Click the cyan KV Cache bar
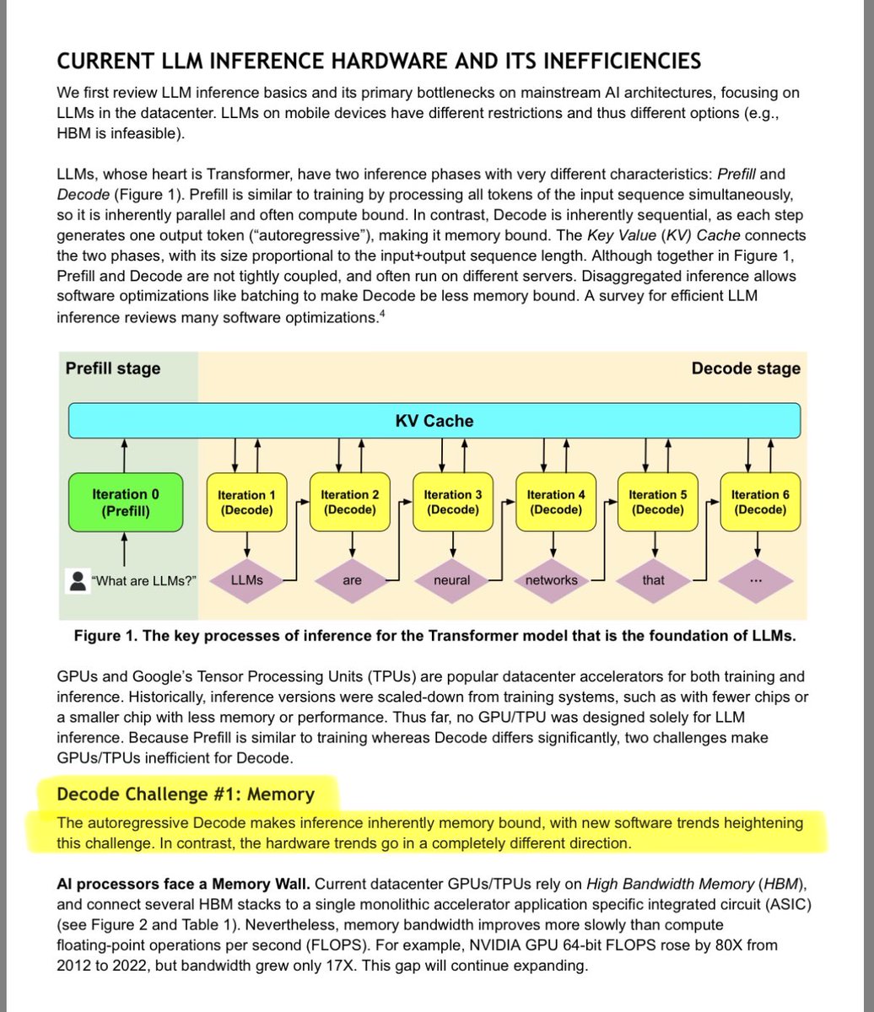pyautogui.click(x=434, y=420)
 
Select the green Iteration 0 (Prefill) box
pyautogui.click(x=125, y=503)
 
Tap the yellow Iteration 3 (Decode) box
pyautogui.click(x=452, y=503)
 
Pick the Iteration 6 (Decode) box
pyautogui.click(x=760, y=503)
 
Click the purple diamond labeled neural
pyautogui.click(x=452, y=580)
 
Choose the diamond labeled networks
pyautogui.click(x=551, y=580)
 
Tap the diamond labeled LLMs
pyautogui.click(x=246, y=580)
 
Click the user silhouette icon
pyautogui.click(x=78, y=580)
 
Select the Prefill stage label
pyautogui.click(x=113, y=369)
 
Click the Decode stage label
pyautogui.click(x=745, y=369)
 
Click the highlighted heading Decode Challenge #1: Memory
pyautogui.click(x=185, y=794)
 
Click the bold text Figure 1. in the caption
pyautogui.click(x=105, y=636)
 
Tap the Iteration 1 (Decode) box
pyautogui.click(x=246, y=503)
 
